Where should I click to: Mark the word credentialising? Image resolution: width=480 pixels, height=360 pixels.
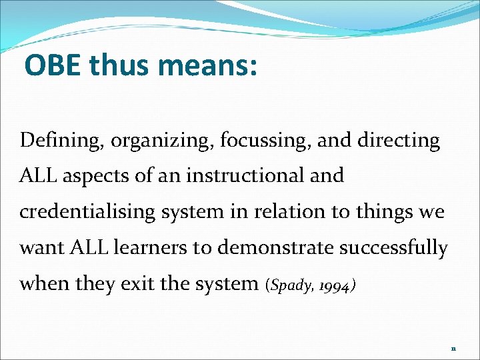click(x=85, y=213)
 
